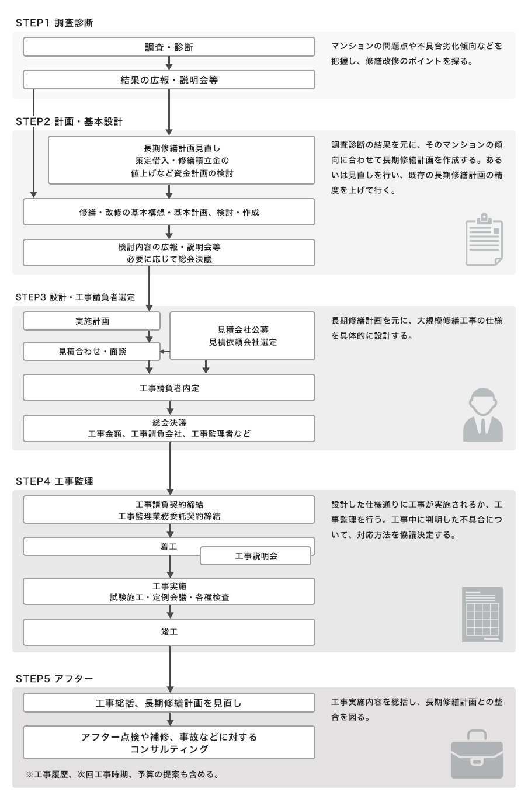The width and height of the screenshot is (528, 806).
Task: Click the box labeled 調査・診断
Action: pyautogui.click(x=169, y=47)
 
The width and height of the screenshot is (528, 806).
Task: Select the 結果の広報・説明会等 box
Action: pyautogui.click(x=169, y=79)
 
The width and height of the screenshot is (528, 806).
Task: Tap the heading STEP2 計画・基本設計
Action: pyautogui.click(x=69, y=121)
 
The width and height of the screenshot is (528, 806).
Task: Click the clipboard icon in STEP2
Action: pyautogui.click(x=484, y=239)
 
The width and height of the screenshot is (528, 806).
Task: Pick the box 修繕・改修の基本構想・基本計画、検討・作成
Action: pyautogui.click(x=169, y=212)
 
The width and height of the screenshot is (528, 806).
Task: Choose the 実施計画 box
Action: pyautogui.click(x=92, y=321)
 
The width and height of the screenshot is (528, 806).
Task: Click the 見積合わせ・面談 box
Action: pyautogui.click(x=92, y=351)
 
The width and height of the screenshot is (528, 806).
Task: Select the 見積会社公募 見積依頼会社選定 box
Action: pyautogui.click(x=242, y=336)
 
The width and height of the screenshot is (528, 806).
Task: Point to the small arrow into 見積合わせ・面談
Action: pyautogui.click(x=165, y=351)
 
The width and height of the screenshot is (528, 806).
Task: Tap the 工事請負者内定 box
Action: pyautogui.click(x=169, y=388)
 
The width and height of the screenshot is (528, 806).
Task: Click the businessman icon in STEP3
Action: pyautogui.click(x=482, y=415)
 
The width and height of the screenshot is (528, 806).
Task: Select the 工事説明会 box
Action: pyautogui.click(x=256, y=556)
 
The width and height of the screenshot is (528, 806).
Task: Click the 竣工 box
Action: pyautogui.click(x=169, y=632)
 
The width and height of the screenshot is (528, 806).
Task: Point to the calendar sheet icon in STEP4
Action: pyautogui.click(x=482, y=614)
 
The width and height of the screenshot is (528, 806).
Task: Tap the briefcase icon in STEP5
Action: pyautogui.click(x=477, y=754)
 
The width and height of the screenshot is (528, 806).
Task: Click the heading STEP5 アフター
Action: pyautogui.click(x=54, y=679)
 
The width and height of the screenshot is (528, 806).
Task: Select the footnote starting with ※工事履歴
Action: pyautogui.click(x=123, y=774)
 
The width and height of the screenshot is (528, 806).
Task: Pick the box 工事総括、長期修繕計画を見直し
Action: pyautogui.click(x=169, y=703)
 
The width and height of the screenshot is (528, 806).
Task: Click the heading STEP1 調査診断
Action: pyautogui.click(x=54, y=23)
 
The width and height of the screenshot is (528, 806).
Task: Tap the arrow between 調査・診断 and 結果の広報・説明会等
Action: pyautogui.click(x=169, y=63)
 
